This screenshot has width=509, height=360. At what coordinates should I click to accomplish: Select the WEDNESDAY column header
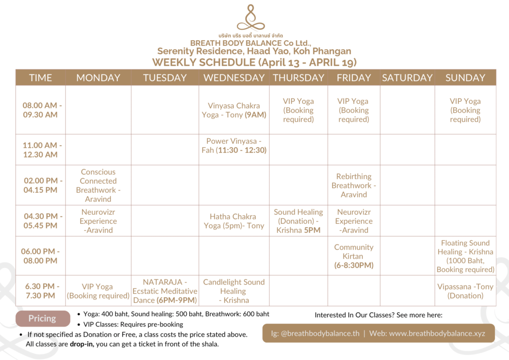[x=234, y=78]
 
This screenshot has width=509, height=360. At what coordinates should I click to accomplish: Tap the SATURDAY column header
[x=407, y=78]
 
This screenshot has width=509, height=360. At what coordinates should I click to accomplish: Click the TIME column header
[x=40, y=78]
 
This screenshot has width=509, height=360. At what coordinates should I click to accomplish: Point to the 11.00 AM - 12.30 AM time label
[x=42, y=150]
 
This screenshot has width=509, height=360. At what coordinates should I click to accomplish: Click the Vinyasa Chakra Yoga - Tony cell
[x=234, y=110]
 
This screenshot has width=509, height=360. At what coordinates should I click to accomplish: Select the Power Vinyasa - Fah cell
[x=234, y=146]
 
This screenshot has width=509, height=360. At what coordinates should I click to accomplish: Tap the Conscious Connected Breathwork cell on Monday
[x=98, y=185]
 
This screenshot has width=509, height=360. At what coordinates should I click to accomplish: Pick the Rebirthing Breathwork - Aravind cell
[x=354, y=185]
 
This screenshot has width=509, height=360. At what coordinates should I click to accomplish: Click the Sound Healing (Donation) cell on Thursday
[x=298, y=221]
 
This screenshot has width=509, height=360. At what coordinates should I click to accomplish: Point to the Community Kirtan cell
[x=354, y=256]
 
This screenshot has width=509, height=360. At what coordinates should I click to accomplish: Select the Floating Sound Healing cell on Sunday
[x=465, y=256]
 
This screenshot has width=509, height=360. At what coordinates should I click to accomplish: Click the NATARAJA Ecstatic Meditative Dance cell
[x=165, y=291]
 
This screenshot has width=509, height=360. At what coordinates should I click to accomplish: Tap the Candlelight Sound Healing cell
[x=234, y=291]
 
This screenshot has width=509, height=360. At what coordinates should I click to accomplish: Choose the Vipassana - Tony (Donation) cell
[x=465, y=291]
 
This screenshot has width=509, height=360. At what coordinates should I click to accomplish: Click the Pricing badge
[x=42, y=319]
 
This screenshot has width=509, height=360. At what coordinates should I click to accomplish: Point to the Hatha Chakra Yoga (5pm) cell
[x=234, y=221]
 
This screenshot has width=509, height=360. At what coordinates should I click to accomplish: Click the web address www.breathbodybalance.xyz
[x=437, y=333]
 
